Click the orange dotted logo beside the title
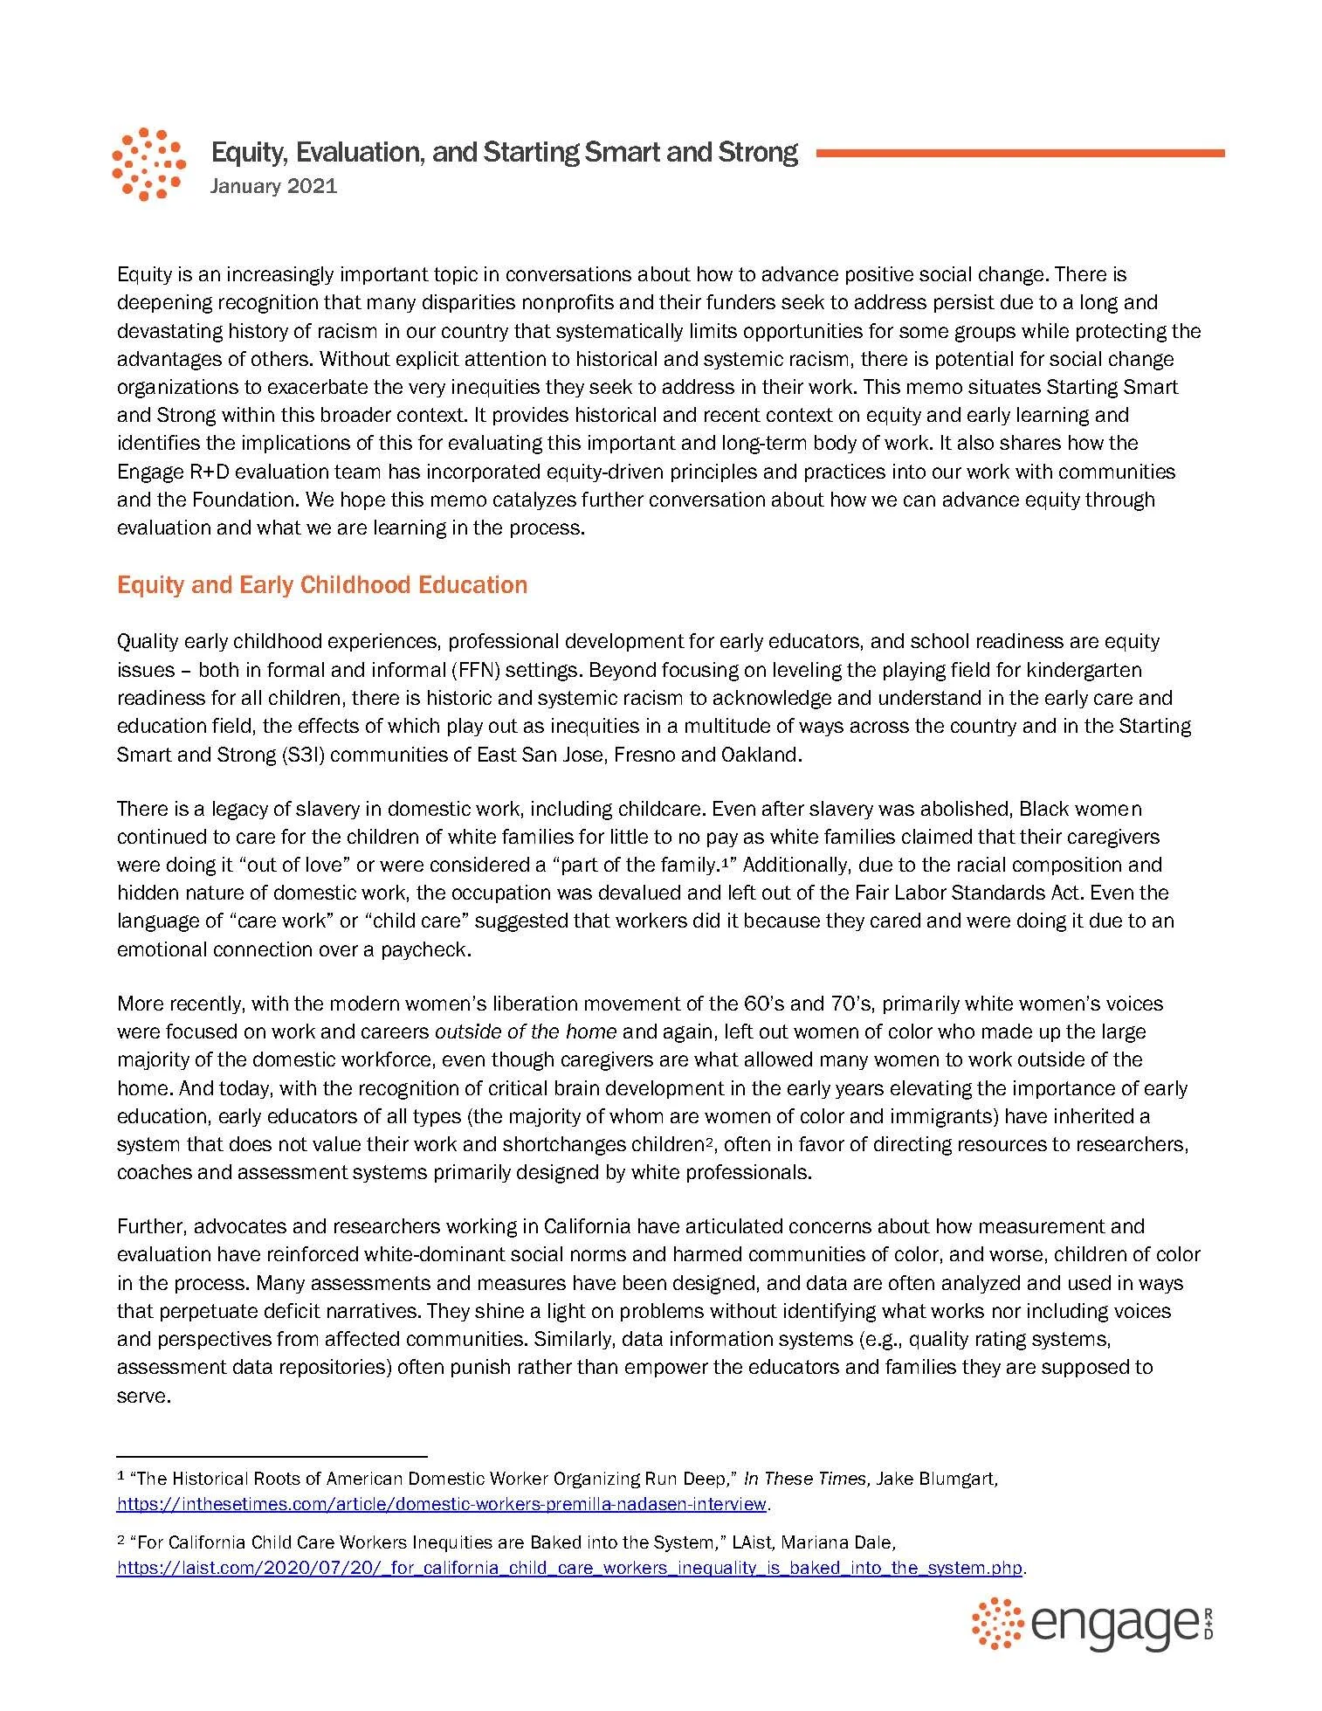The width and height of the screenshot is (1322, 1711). pos(148,164)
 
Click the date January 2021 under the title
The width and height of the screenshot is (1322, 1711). pos(273,186)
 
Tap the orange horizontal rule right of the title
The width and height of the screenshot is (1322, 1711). pos(1019,153)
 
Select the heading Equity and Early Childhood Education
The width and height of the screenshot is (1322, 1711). pos(321,584)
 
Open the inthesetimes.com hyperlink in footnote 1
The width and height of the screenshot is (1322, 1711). pos(442,1504)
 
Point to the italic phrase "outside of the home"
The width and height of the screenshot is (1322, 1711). pos(526,1031)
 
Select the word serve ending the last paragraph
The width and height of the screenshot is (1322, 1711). pos(141,1395)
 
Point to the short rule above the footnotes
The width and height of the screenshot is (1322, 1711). pos(272,1456)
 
